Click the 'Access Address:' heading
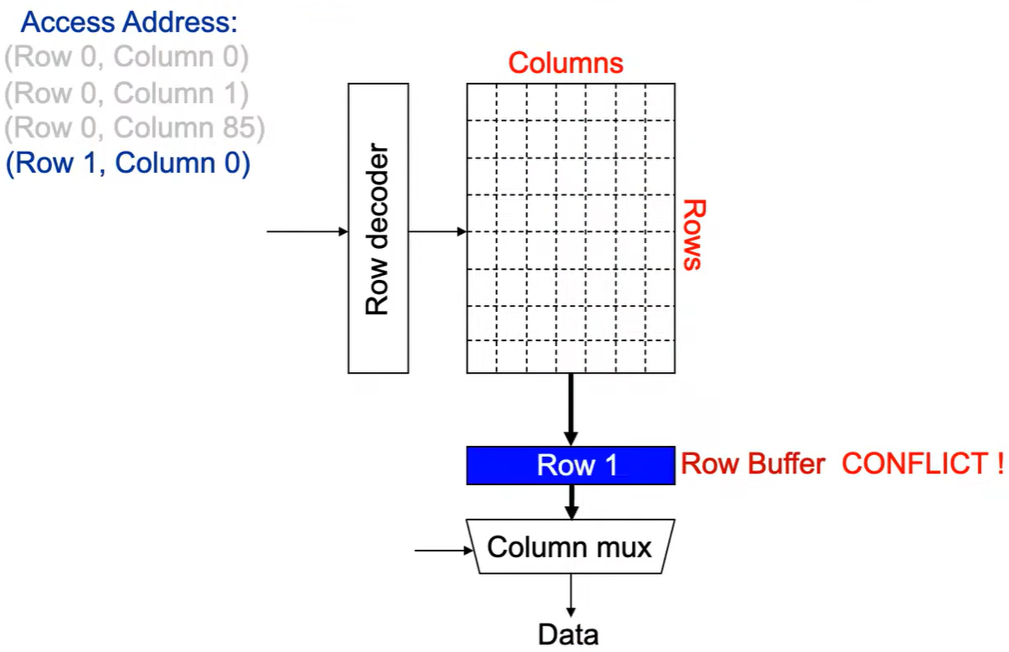pyautogui.click(x=129, y=22)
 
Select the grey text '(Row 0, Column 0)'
pyautogui.click(x=127, y=57)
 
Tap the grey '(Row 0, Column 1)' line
pyautogui.click(x=127, y=93)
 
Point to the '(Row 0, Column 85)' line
pyautogui.click(x=135, y=128)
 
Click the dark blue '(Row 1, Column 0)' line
pyautogui.click(x=128, y=163)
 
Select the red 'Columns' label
pyautogui.click(x=566, y=63)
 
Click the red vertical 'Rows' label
pyautogui.click(x=695, y=235)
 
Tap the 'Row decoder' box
pyautogui.click(x=379, y=228)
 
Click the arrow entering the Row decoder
pyautogui.click(x=308, y=231)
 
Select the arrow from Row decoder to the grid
pyautogui.click(x=437, y=231)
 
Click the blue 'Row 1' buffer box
pyautogui.click(x=571, y=465)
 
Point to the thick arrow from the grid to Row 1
pyautogui.click(x=571, y=410)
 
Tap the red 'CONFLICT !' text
pyautogui.click(x=923, y=463)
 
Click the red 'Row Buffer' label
pyautogui.click(x=753, y=463)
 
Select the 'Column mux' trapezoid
pyautogui.click(x=570, y=546)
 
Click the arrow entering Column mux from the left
pyautogui.click(x=443, y=550)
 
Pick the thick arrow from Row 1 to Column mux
pyautogui.click(x=572, y=502)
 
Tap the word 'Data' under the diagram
pyautogui.click(x=568, y=635)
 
